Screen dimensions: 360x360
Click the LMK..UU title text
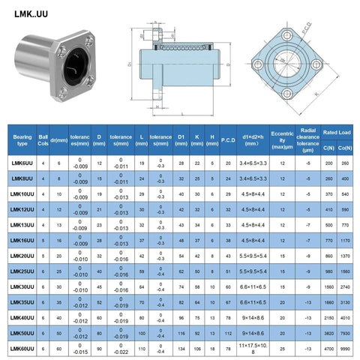tap(31, 13)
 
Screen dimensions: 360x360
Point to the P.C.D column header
tap(228, 138)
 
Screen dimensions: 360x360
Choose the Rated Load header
tap(338, 133)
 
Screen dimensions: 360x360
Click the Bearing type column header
tap(20, 138)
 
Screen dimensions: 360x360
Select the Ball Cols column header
tap(43, 138)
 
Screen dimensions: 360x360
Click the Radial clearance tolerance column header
tap(308, 138)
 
